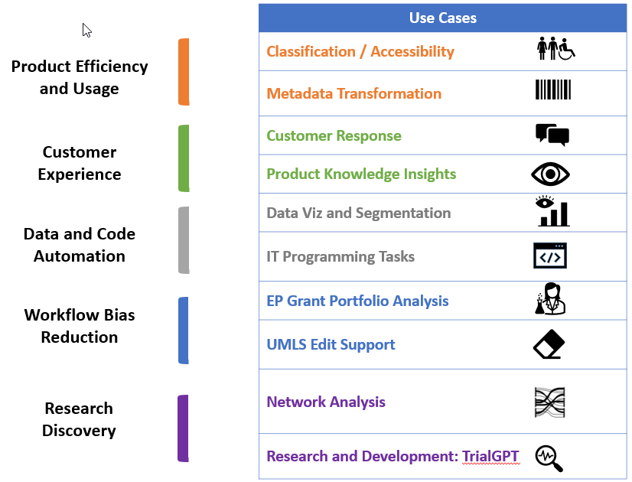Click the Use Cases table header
pos(443,18)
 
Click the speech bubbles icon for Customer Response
pos(552,135)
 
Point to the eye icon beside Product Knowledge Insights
pos(550,174)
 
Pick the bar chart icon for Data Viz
pos(552,212)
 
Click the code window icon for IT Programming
pos(550,256)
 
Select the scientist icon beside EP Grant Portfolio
pos(549,299)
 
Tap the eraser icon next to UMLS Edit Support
pos(549,344)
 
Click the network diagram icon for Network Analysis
pos(549,402)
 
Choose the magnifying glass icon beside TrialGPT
pos(549,458)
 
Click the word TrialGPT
pos(490,457)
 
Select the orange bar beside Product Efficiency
pos(184,72)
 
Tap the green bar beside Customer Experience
pos(184,158)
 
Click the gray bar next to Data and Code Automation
pos(184,240)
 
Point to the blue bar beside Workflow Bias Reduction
pos(184,330)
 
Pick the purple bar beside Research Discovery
pos(183,428)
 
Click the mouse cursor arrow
pos(86,30)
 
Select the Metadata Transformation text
pos(353,93)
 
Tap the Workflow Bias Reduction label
pos(80,326)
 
